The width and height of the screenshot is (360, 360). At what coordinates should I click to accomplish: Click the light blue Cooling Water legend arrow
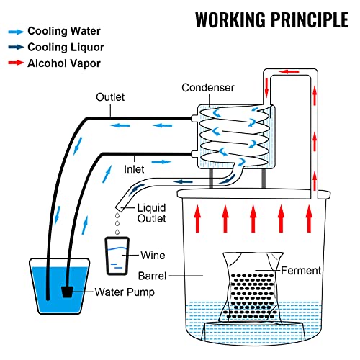14,32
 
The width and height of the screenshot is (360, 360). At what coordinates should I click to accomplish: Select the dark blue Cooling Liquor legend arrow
14,47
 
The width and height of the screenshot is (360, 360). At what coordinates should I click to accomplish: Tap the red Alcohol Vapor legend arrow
14,63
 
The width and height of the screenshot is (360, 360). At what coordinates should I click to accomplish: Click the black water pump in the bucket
68,292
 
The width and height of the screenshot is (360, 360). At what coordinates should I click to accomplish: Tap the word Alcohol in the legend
46,63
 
